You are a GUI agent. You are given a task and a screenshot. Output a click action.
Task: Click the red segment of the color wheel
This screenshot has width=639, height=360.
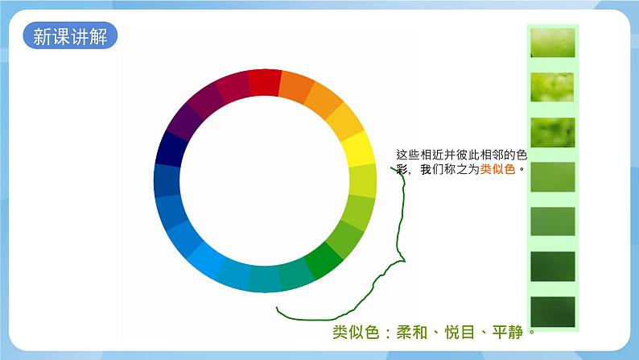tap(264, 82)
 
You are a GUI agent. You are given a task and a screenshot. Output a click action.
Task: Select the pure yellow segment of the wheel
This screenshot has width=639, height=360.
tap(357, 149)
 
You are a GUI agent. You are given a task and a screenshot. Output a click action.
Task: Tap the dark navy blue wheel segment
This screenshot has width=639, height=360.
tap(171, 149)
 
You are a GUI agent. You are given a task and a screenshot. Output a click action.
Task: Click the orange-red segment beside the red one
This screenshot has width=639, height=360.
tap(296, 87)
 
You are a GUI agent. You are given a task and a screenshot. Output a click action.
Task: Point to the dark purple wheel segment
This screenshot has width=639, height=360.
tap(185, 122)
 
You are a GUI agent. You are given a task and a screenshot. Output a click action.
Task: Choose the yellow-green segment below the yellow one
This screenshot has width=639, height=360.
tap(362, 181)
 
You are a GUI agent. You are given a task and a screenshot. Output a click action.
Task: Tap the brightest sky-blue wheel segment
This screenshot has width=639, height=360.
tap(205, 259)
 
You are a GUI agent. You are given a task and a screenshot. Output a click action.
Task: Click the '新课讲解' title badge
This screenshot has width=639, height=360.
tap(70, 36)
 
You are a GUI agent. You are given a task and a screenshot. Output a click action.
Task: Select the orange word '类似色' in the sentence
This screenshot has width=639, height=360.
tap(497, 170)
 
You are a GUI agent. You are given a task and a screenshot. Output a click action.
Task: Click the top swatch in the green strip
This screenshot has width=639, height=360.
tap(552, 43)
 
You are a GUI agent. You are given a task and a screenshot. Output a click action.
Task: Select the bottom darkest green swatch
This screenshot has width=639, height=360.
tap(552, 312)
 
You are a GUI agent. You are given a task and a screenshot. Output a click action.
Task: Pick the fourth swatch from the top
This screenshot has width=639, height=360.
tap(552, 177)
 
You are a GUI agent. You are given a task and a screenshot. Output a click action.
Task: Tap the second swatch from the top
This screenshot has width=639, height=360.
tap(552, 87)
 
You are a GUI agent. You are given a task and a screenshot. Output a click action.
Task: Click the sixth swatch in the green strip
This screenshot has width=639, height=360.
tap(552, 267)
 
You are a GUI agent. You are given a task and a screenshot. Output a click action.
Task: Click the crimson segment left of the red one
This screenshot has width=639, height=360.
tap(231, 87)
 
